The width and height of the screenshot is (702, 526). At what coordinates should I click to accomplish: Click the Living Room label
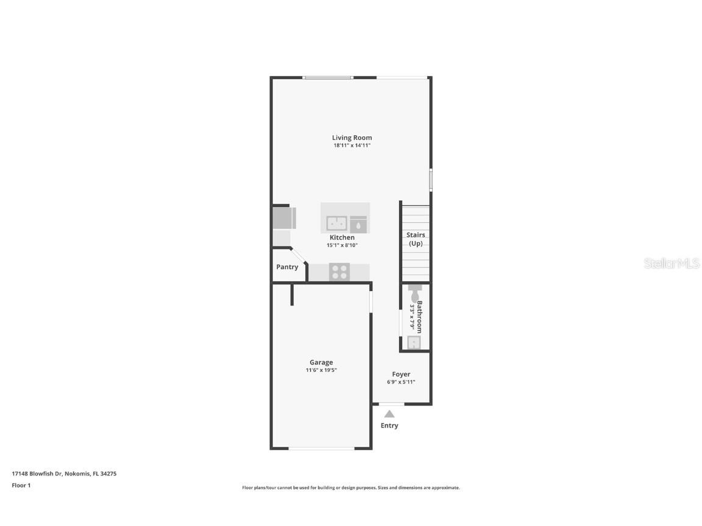352,138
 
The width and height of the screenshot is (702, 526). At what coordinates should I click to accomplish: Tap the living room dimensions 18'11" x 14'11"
352,146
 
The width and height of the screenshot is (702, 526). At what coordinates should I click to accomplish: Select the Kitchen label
342,237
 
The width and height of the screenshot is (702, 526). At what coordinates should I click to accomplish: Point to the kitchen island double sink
336,223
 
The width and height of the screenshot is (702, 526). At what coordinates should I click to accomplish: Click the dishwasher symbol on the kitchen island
358,224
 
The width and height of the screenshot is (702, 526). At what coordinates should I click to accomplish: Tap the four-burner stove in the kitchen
339,272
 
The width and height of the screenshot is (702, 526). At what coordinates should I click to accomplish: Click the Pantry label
287,267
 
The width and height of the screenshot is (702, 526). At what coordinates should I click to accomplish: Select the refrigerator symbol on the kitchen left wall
283,218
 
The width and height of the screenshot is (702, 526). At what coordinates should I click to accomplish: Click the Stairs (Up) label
416,239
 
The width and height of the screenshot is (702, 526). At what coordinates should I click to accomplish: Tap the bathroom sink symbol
414,343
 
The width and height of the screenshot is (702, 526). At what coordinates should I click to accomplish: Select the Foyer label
401,374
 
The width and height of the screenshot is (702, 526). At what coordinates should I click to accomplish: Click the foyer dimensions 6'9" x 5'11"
401,382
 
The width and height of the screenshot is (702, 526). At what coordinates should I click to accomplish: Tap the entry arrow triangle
389,414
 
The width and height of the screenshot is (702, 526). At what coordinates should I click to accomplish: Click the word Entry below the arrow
389,426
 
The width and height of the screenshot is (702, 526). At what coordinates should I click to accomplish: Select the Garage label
321,362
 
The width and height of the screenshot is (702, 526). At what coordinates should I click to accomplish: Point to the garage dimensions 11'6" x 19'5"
321,370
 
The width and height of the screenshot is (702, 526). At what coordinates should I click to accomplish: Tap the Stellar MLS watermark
672,263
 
